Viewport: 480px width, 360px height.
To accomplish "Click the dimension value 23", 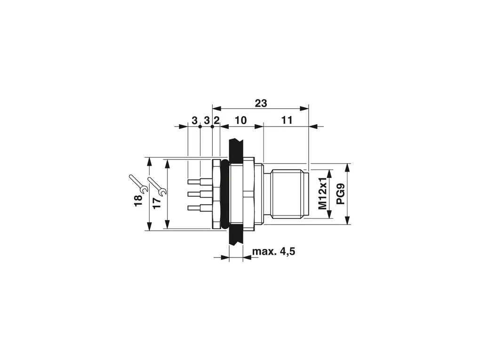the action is coord(261,103).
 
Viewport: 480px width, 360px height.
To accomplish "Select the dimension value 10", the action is coord(240,120).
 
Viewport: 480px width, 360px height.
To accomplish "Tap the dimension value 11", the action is coord(287,120).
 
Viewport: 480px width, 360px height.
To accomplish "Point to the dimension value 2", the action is coord(216,120).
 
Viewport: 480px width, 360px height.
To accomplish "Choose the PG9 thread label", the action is coord(340,194).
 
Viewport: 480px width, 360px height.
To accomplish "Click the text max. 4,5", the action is coord(274,252).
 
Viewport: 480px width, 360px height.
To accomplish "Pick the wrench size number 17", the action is coord(157,203).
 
